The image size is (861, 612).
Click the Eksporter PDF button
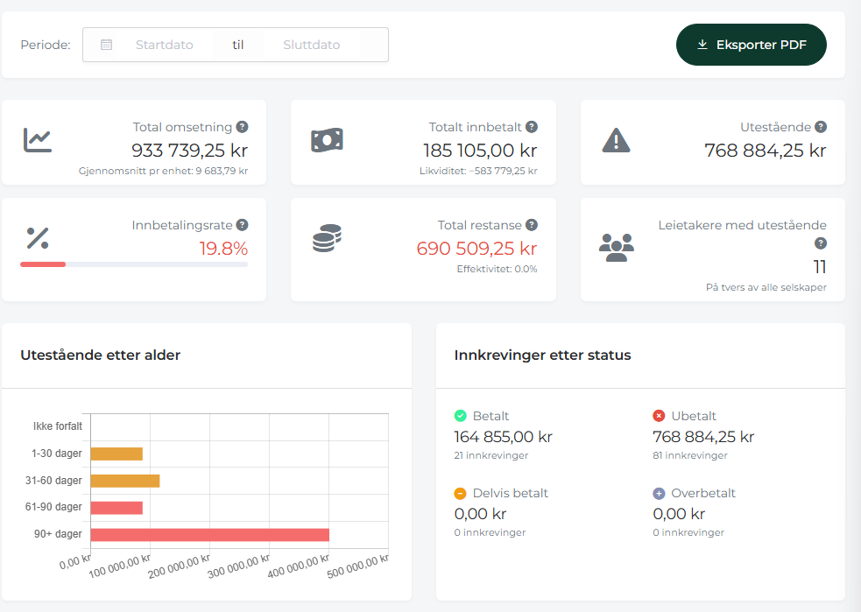click(752, 45)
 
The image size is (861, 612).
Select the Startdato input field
click(164, 45)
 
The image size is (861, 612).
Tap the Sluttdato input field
click(311, 45)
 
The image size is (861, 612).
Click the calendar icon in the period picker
click(107, 45)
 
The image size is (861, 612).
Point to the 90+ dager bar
click(209, 535)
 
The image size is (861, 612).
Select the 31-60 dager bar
click(125, 481)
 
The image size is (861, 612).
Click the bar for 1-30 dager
click(116, 454)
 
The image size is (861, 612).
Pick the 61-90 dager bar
click(116, 508)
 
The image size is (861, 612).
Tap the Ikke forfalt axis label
click(58, 426)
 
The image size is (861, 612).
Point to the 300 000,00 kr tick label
click(239, 566)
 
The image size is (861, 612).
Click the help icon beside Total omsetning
click(242, 127)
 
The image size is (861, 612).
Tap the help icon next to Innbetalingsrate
click(242, 225)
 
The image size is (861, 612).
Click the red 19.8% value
click(223, 249)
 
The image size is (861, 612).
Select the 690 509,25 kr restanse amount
click(476, 249)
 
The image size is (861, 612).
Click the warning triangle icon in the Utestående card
click(616, 140)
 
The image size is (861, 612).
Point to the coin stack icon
click(328, 238)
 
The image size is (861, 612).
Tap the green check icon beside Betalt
click(460, 416)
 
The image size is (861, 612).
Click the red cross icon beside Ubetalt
click(659, 416)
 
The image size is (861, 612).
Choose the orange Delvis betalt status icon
click(460, 494)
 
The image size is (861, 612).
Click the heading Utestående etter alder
click(101, 355)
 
